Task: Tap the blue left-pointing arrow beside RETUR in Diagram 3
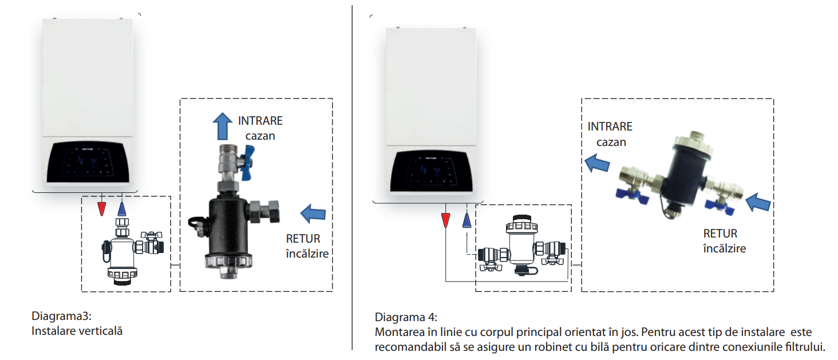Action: pyautogui.click(x=313, y=213)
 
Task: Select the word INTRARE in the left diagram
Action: pyautogui.click(x=260, y=121)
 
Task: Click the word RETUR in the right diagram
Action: pyautogui.click(x=720, y=234)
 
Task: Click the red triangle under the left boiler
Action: pyautogui.click(x=102, y=208)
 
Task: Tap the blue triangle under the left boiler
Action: pyautogui.click(x=121, y=208)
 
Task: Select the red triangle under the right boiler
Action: pyautogui.click(x=445, y=220)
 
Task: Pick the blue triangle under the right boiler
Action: pyautogui.click(x=467, y=220)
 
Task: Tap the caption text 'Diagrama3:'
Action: pyautogui.click(x=61, y=317)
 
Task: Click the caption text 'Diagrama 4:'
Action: pyautogui.click(x=406, y=317)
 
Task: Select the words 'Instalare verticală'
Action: pyautogui.click(x=77, y=331)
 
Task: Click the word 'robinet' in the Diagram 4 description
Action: pyautogui.click(x=516, y=347)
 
